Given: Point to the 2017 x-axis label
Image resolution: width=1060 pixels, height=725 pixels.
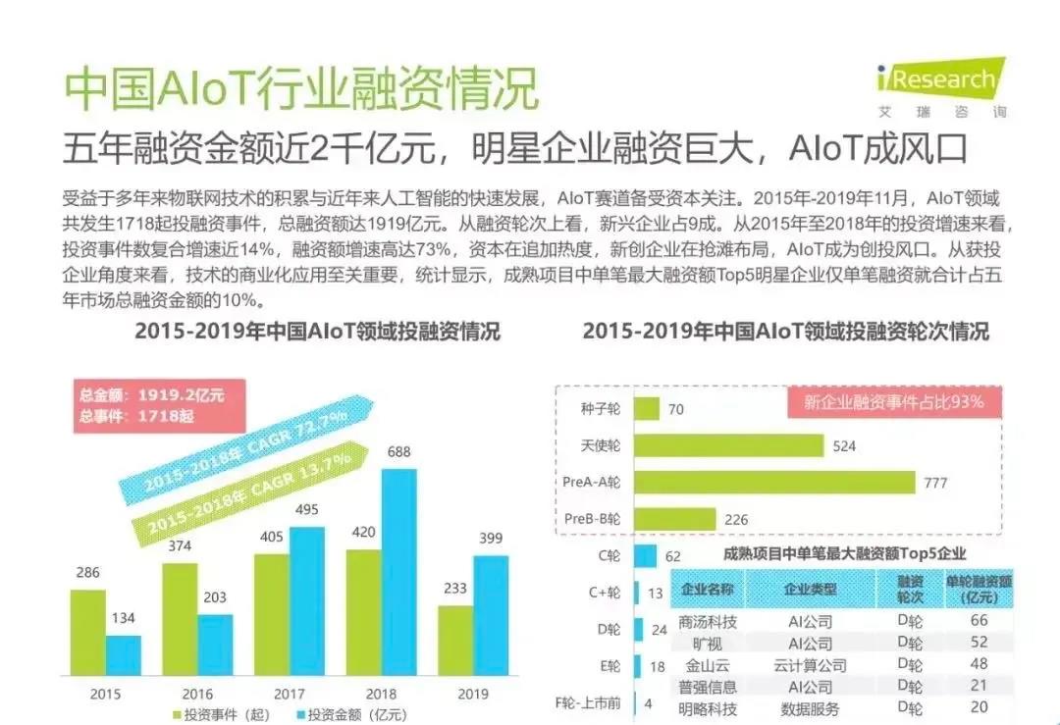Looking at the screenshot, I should pos(290,695).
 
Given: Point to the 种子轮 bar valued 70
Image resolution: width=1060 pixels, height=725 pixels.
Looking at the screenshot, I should pos(648,409).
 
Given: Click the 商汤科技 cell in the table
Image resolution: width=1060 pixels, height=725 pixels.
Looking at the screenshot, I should pos(708,622).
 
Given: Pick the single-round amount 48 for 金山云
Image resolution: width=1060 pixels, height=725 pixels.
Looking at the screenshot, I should pos(979,665).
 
